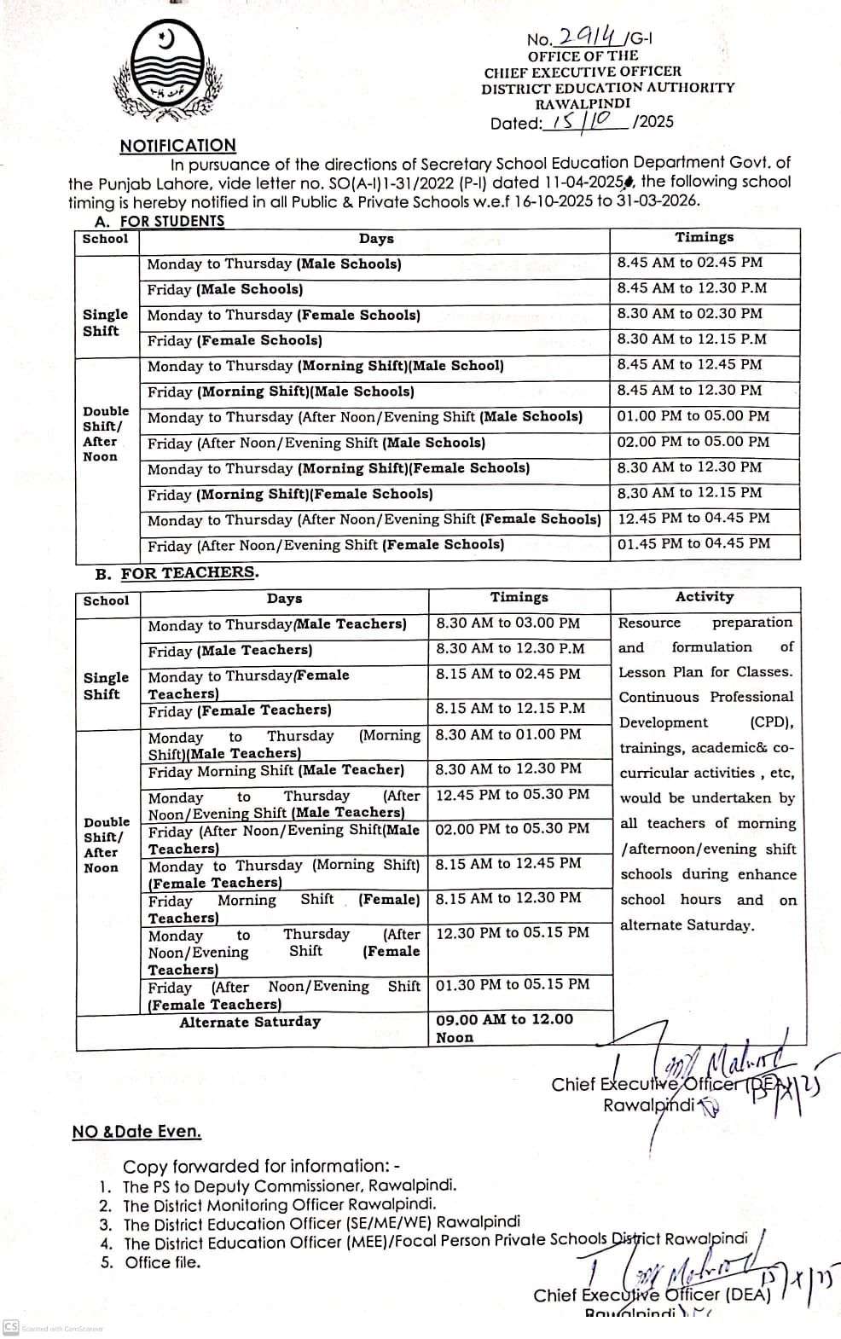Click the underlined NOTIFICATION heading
(x=177, y=146)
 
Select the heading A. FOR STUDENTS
(x=161, y=221)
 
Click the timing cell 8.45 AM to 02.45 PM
(x=689, y=263)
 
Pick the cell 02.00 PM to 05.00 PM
(x=693, y=442)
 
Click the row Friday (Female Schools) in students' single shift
(x=235, y=340)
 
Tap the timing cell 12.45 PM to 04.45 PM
(x=693, y=518)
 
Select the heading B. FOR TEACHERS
(x=177, y=573)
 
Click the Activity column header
(x=704, y=597)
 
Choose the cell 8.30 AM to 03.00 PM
(x=507, y=623)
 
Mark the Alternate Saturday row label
(x=250, y=1022)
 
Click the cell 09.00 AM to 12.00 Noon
(x=504, y=1028)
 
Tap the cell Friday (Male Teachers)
(x=229, y=651)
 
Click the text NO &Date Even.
(x=136, y=1132)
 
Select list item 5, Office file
(x=162, y=1263)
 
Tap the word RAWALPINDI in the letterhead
(x=583, y=103)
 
